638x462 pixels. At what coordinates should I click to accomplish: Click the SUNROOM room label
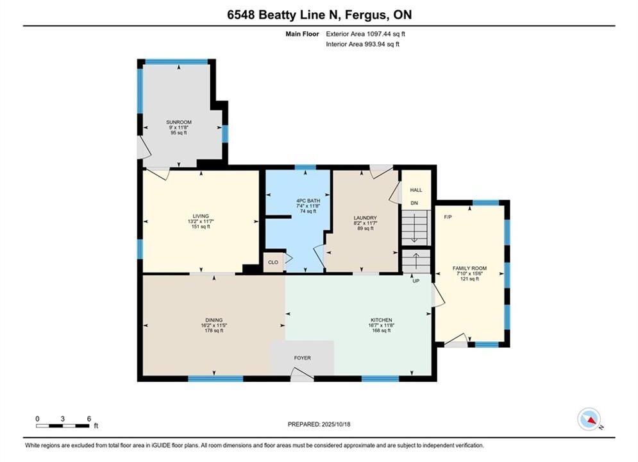point(179,122)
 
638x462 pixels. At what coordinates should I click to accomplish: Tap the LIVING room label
point(201,216)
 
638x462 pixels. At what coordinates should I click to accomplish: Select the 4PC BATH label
point(308,201)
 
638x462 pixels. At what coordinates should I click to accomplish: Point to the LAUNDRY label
point(365,218)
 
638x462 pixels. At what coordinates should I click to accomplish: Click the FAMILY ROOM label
point(469,268)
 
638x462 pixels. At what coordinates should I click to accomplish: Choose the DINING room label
point(214,320)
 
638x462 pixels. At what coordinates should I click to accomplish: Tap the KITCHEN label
point(382,320)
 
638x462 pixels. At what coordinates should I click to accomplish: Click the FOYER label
point(302,358)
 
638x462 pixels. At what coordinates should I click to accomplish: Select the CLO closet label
point(273,262)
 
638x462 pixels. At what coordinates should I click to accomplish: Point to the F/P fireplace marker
point(448,217)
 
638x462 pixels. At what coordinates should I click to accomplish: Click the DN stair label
point(414,203)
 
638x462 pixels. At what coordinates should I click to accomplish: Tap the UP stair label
point(416,281)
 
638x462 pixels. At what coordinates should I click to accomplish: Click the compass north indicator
point(589,419)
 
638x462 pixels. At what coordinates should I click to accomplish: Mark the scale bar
point(63,426)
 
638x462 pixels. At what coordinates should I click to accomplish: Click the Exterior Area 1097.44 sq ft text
point(365,34)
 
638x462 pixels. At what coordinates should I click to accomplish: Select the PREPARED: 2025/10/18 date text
point(319,424)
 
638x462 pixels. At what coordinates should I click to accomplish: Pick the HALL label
point(416,190)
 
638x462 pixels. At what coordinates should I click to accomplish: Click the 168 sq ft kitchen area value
point(382,330)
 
